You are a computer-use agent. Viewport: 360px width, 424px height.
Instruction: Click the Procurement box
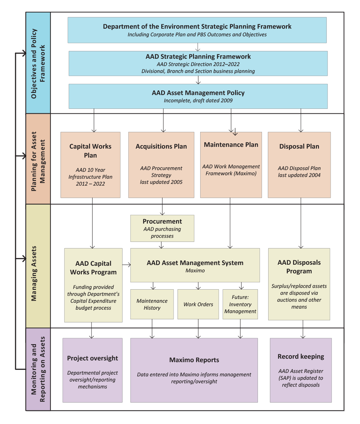pos(162,228)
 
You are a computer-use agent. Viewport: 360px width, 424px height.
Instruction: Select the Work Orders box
pos(198,304)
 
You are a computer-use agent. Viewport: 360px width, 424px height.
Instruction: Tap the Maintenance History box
pos(152,304)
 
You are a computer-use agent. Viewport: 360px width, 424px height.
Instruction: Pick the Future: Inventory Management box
pos(240,304)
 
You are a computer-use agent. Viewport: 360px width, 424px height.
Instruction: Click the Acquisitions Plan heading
pos(161,146)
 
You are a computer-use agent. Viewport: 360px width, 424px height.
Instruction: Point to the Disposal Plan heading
pos(299,146)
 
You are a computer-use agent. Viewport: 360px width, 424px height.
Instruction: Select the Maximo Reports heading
pos(194,360)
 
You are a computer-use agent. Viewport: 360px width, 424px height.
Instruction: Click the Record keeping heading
pos(301,357)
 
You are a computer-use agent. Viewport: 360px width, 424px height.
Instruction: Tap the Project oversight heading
pos(93,358)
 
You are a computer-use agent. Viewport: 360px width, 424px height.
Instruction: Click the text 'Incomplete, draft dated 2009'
pos(198,101)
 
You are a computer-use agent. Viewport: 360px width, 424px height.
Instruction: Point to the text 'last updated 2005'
pos(161,182)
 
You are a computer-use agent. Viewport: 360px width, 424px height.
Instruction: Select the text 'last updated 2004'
pos(299,175)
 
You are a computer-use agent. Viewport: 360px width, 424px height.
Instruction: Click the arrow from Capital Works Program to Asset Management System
pos(126,265)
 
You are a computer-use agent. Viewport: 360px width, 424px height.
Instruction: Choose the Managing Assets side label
pos(34,273)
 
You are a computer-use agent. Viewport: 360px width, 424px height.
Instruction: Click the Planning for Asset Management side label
pos(38,161)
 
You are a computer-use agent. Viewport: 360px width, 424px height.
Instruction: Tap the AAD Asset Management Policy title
pos(198,93)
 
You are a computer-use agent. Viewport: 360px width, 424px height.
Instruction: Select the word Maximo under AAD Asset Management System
pos(195,271)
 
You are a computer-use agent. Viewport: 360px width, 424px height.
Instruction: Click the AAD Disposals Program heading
pos(299,267)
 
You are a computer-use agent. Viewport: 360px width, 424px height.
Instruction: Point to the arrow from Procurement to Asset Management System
pos(161,245)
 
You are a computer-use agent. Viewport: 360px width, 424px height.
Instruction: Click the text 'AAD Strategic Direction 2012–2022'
pos(198,64)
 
